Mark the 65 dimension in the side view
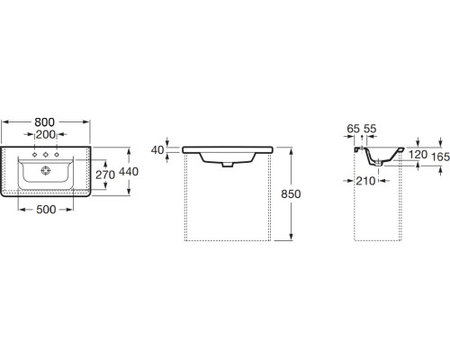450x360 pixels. click(x=354, y=130)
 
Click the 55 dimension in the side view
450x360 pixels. click(x=370, y=130)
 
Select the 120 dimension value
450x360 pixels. click(x=416, y=155)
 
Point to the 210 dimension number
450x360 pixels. click(x=364, y=181)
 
